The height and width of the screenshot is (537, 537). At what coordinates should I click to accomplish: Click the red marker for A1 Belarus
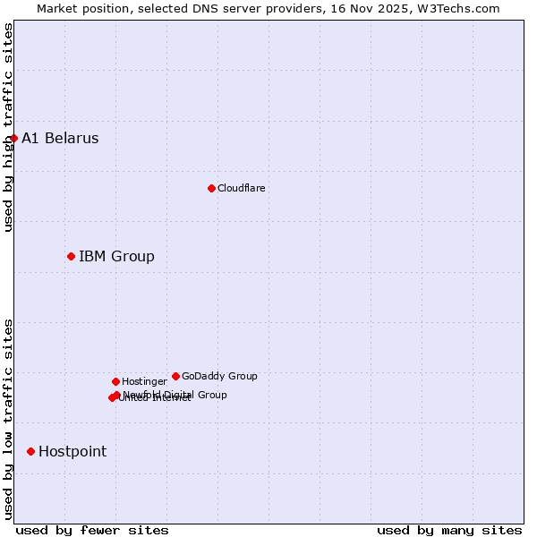pos(13,138)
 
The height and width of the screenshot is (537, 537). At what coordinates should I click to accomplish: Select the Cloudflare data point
pos(211,188)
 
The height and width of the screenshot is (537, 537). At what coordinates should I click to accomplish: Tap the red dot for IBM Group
pos(71,257)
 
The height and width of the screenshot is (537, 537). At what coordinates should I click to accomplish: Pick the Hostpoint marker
pos(30,451)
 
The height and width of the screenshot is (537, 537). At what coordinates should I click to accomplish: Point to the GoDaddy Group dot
pos(175,376)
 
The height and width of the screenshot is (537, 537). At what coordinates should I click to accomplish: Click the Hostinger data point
pos(115,381)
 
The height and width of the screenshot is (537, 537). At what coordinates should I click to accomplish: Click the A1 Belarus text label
pos(60,139)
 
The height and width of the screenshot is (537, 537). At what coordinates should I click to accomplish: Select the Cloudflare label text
pos(241,188)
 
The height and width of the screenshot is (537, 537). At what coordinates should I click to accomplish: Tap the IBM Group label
pos(116,257)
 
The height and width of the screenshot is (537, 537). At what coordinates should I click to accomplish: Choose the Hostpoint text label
pos(72,452)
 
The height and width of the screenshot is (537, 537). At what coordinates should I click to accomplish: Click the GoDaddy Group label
pos(219,377)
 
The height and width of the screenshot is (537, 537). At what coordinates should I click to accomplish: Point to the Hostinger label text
pos(144,382)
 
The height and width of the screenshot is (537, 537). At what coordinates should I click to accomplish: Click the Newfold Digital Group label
pos(175,395)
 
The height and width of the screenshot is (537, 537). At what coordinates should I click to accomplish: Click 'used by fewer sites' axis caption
pos(92,530)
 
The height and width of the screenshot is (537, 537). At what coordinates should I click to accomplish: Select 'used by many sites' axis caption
pos(449,530)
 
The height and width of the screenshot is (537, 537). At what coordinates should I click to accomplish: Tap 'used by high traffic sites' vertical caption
pos(8,127)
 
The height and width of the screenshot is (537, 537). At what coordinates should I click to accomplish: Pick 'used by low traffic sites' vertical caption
pos(8,418)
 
